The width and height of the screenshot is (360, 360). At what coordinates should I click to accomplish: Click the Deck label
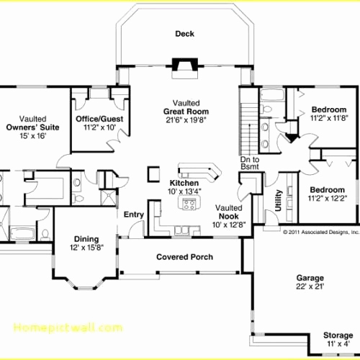click(184, 34)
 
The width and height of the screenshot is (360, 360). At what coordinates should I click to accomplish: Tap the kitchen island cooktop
click(190, 204)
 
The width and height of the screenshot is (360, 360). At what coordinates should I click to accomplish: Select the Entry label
click(133, 215)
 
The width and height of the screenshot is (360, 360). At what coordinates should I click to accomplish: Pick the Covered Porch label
click(184, 257)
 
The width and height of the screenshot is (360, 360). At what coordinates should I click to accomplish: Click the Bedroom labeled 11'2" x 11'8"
click(328, 110)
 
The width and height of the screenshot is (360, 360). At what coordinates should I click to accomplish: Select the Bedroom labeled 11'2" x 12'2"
click(328, 189)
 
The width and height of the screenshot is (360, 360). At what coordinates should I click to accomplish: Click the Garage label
click(310, 277)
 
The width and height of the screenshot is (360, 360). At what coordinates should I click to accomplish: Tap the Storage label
click(338, 335)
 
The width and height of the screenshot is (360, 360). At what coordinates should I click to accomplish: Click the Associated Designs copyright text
click(320, 233)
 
